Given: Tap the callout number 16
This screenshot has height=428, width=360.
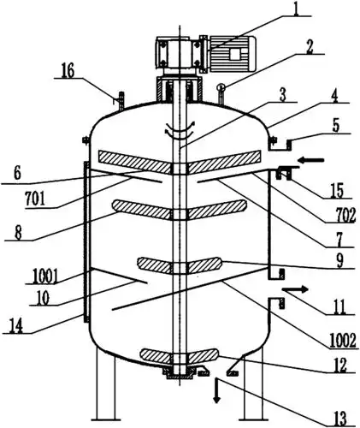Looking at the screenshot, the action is (68, 71).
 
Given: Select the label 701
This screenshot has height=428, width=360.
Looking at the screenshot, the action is (35, 199).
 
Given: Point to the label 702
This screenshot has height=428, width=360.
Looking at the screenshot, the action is (345, 216).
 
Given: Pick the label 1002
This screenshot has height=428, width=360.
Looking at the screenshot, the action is (343, 342).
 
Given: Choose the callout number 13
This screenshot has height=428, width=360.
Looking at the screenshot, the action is (339, 419).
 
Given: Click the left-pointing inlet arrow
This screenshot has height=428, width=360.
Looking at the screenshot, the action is (312, 160).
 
